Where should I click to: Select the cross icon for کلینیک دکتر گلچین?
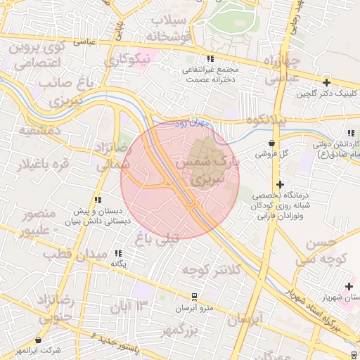326,82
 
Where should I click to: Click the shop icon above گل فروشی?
272,143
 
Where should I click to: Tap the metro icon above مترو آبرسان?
194,298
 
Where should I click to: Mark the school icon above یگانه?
118,252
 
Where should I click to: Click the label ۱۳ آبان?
131,306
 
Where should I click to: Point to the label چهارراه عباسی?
285,69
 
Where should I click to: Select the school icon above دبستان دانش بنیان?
97,200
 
